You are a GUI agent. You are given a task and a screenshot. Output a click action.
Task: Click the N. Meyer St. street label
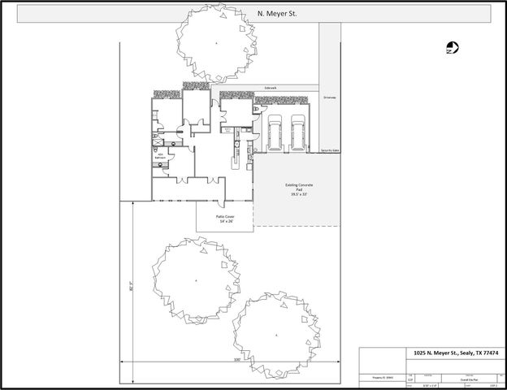click(x=271, y=14)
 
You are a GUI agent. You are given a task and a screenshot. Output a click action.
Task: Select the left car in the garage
click(x=275, y=132)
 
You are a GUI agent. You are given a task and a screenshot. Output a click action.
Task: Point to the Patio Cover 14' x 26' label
click(x=225, y=219)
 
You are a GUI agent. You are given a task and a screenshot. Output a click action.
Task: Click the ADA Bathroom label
click(x=161, y=155)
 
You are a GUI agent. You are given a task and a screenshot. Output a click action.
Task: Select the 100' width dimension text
click(x=236, y=358)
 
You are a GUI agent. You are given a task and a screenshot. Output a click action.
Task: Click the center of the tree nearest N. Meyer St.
click(x=217, y=41)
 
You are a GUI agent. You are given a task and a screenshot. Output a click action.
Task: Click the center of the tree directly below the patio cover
click(x=196, y=280)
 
